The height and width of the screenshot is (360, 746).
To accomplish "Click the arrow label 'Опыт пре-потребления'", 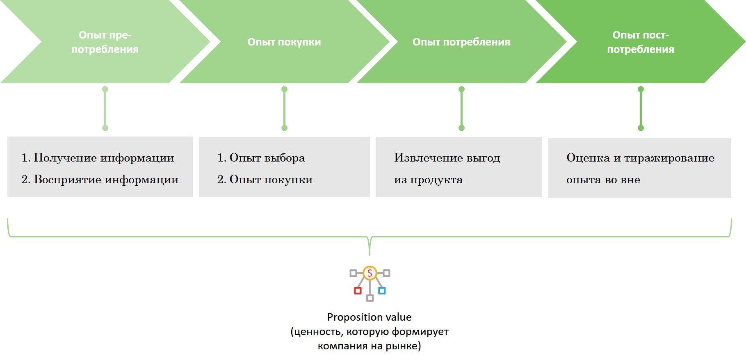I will (x=105, y=42).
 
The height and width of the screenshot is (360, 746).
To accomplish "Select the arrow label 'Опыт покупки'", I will (x=284, y=42).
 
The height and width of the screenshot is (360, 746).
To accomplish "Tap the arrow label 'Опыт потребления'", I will (x=461, y=42).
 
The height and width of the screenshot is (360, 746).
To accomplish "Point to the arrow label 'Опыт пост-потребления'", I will (x=640, y=42).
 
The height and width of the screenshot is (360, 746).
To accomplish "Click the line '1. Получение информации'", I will (x=98, y=158).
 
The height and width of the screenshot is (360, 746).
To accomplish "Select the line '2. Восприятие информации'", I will (x=100, y=180).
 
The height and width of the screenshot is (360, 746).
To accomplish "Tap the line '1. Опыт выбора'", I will (x=261, y=158).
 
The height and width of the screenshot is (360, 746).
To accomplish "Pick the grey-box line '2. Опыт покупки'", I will (x=265, y=180).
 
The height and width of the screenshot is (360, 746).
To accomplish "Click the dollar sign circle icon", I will (x=370, y=273).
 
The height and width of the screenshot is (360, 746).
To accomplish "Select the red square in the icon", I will (x=358, y=291).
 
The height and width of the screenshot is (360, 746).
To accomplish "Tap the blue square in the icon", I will (x=382, y=291).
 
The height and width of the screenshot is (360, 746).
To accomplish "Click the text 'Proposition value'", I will (x=369, y=317).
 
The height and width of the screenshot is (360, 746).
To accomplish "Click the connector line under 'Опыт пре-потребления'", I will (x=105, y=109).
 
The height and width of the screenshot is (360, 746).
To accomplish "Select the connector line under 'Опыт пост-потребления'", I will (x=641, y=109).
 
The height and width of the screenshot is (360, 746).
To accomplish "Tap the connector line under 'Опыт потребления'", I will (x=461, y=109).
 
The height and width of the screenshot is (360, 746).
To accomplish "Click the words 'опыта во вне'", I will (x=603, y=180).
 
